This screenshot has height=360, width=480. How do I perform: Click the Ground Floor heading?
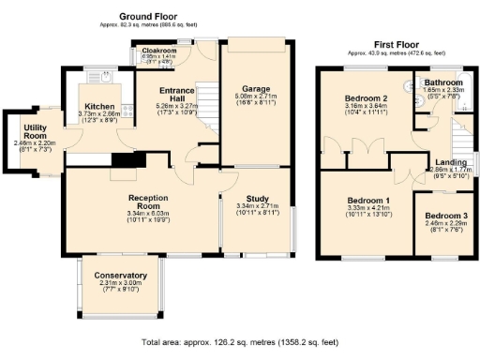pyautogui.click(x=151, y=17)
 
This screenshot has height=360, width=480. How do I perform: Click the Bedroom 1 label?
pyautogui.click(x=367, y=201)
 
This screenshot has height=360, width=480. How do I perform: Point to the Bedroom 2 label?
pyautogui.click(x=367, y=98)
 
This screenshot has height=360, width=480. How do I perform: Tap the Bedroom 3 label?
pyautogui.click(x=444, y=215)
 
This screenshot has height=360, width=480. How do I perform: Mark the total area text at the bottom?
pyautogui.click(x=240, y=345)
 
